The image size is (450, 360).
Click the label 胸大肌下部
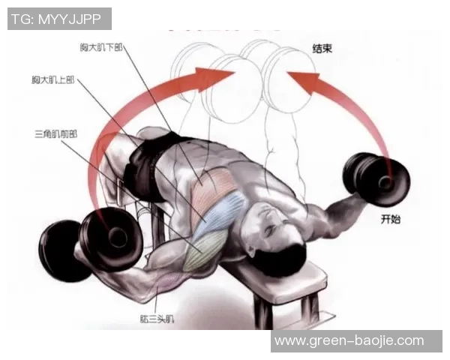click(x=101, y=47)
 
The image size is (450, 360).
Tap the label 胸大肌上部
click(x=53, y=79)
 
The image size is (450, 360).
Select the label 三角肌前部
click(x=56, y=133)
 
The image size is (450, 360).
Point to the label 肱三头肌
click(x=157, y=319)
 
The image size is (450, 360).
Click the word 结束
click(x=322, y=48)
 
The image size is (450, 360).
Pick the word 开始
click(x=390, y=219)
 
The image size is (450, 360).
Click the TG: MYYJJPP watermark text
click(x=56, y=19)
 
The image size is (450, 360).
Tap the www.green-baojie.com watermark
click(x=349, y=341)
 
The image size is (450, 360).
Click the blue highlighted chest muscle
click(x=219, y=214)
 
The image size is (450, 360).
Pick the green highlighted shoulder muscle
click(x=205, y=250)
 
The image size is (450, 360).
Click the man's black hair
click(x=280, y=257)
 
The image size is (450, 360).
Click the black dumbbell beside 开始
click(x=376, y=178)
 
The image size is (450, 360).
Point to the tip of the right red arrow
click(x=287, y=73)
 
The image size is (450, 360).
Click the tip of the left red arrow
click(x=235, y=72)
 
